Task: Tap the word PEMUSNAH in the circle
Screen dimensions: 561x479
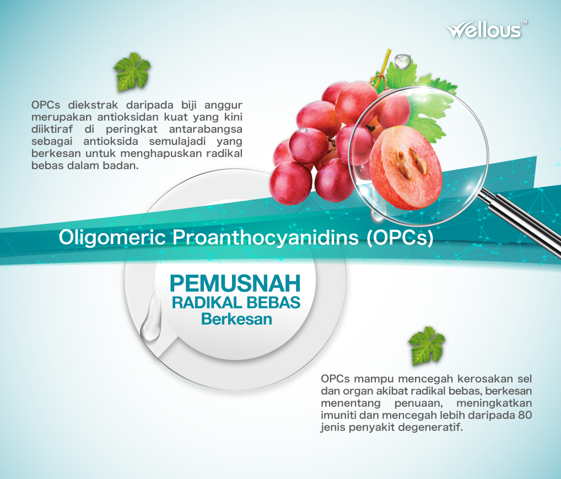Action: [235, 283]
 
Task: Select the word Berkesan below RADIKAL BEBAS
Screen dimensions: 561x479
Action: [236, 319]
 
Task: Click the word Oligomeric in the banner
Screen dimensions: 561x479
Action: [112, 238]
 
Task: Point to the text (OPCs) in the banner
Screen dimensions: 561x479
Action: [400, 238]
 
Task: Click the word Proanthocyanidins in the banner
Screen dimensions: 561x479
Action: [266, 238]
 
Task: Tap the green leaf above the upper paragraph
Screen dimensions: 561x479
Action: [132, 72]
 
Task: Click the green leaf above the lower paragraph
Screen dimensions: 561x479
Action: [427, 346]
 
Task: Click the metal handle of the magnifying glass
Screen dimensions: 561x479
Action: [521, 223]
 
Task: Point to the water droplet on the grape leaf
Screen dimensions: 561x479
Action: [402, 61]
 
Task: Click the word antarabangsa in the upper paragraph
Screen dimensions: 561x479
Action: [206, 129]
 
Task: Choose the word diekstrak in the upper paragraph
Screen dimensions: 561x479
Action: [93, 105]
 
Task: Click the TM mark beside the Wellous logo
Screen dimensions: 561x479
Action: [524, 22]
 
